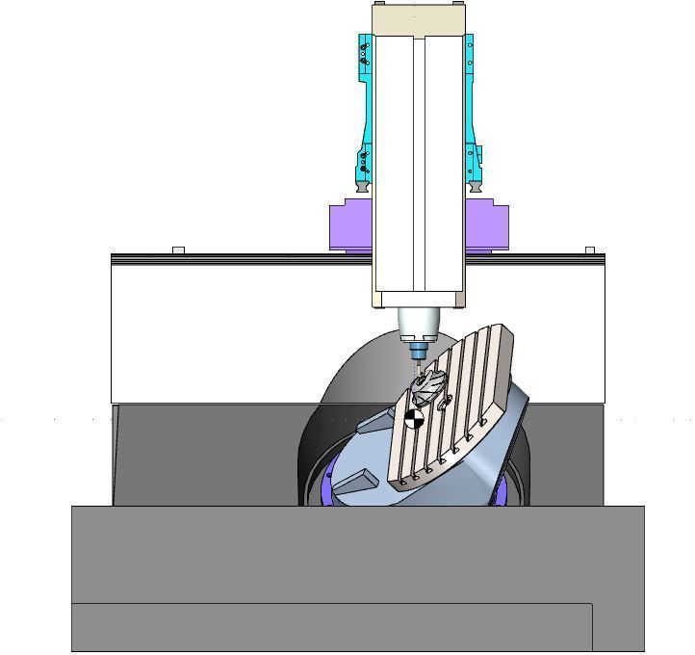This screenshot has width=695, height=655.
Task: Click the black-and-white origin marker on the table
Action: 414,418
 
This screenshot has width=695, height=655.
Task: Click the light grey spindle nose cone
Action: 419,322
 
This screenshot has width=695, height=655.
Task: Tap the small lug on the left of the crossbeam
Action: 178,250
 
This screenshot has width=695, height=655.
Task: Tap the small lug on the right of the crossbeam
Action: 589,250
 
